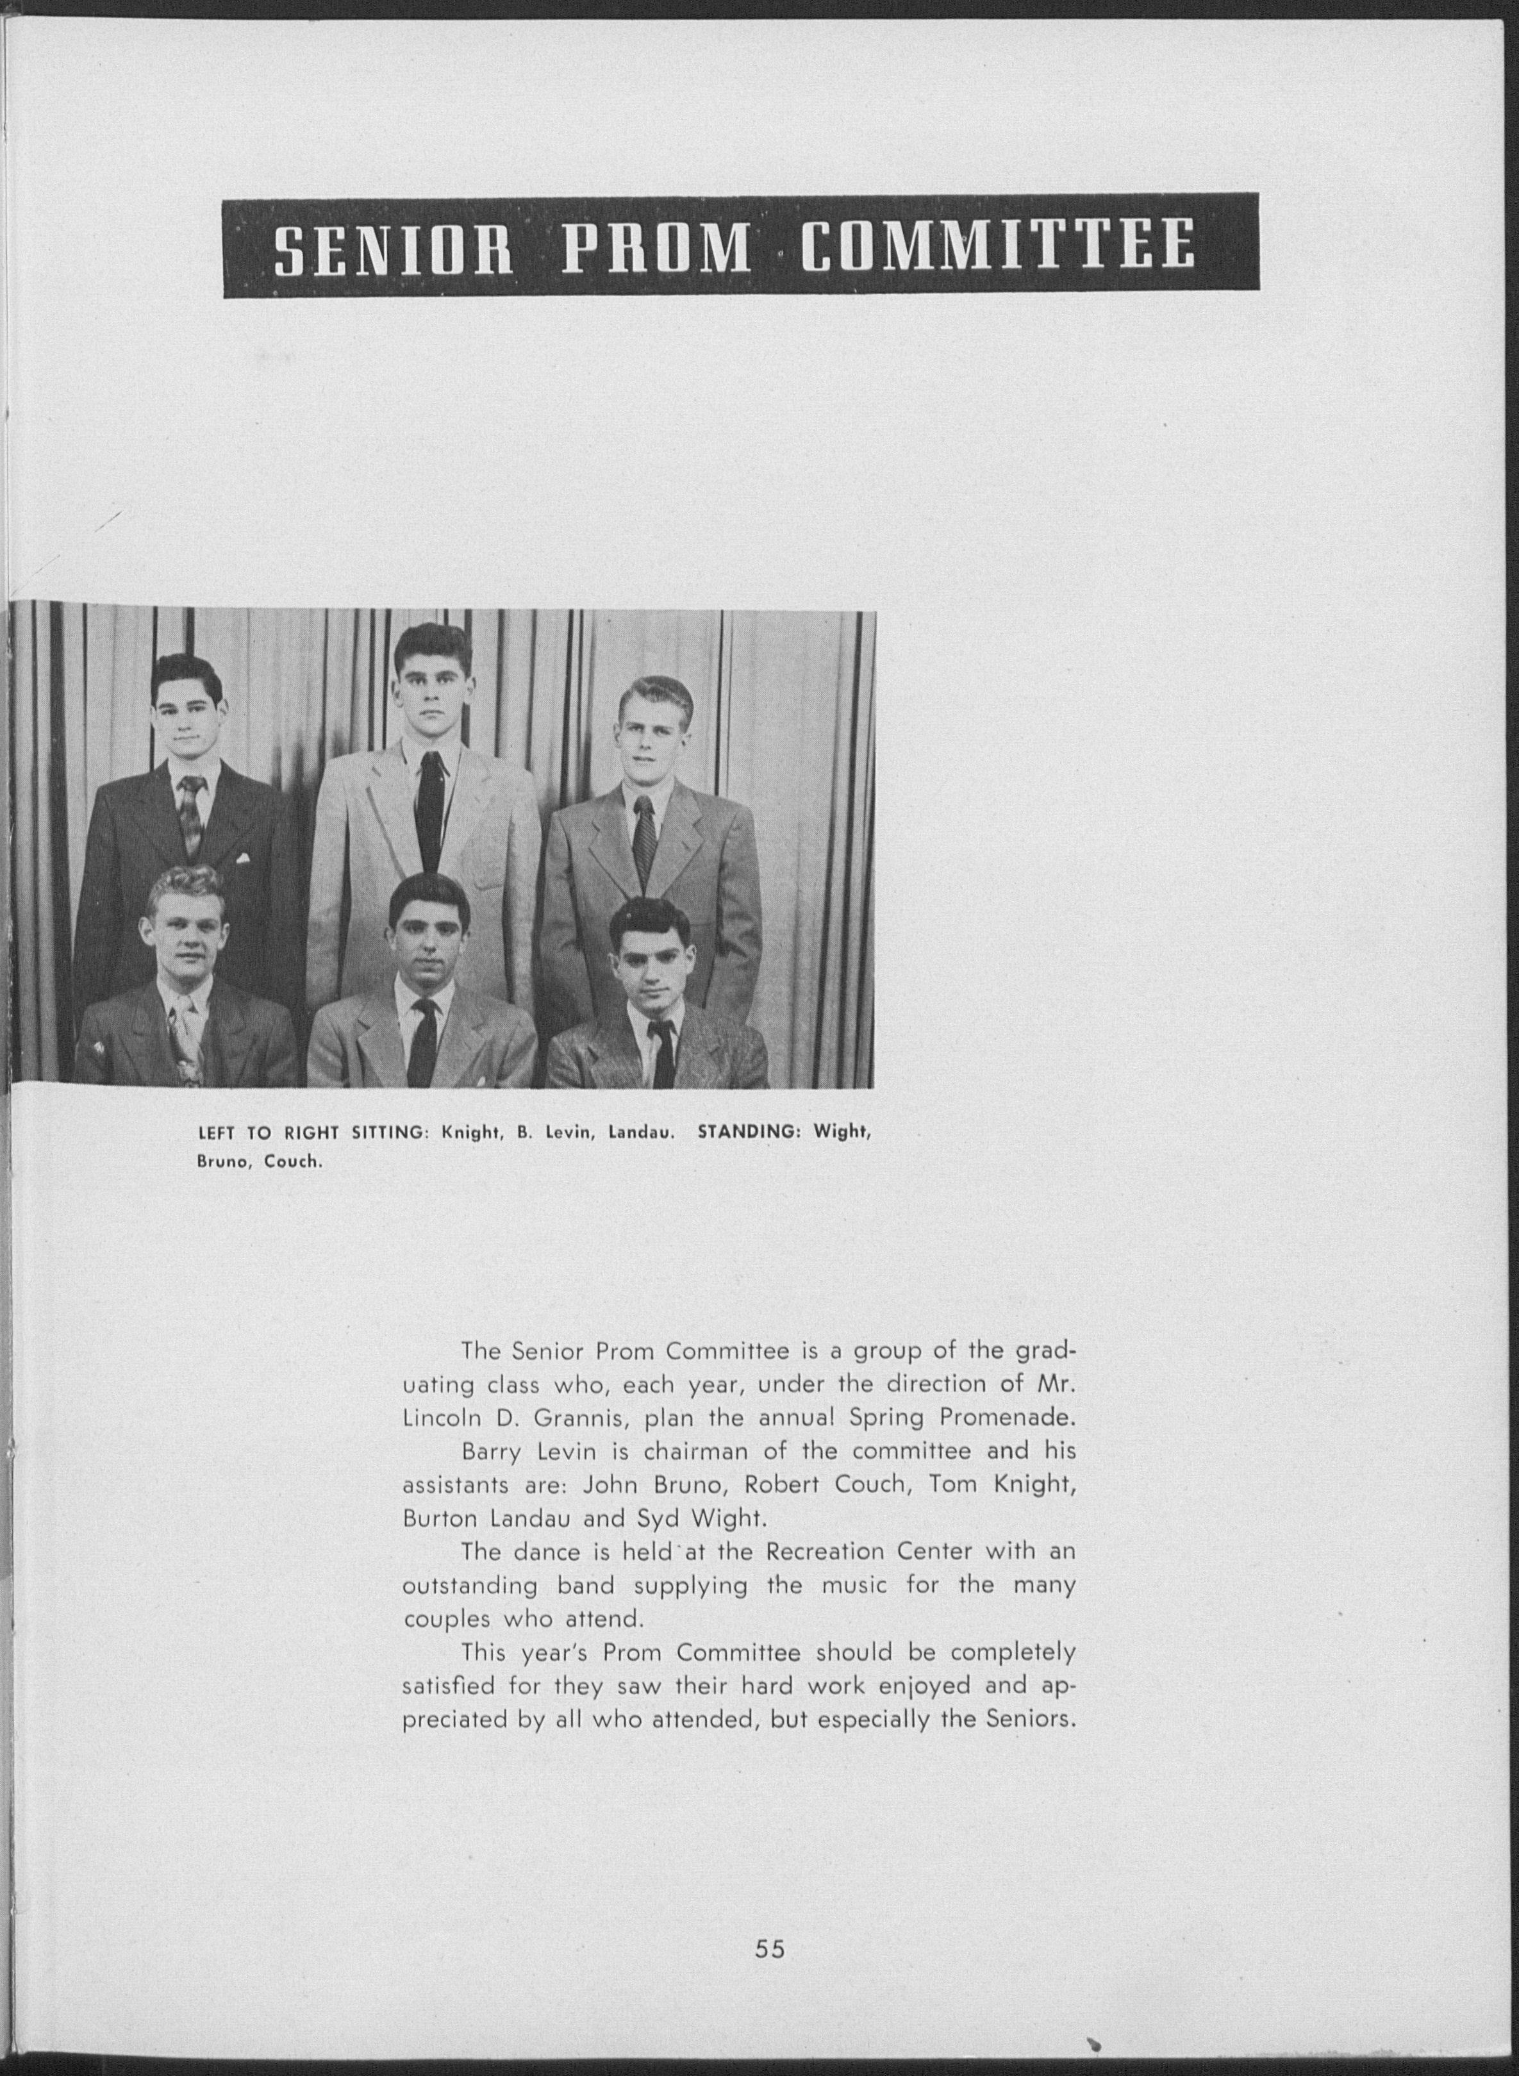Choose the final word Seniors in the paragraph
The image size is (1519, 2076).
1030,1719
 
